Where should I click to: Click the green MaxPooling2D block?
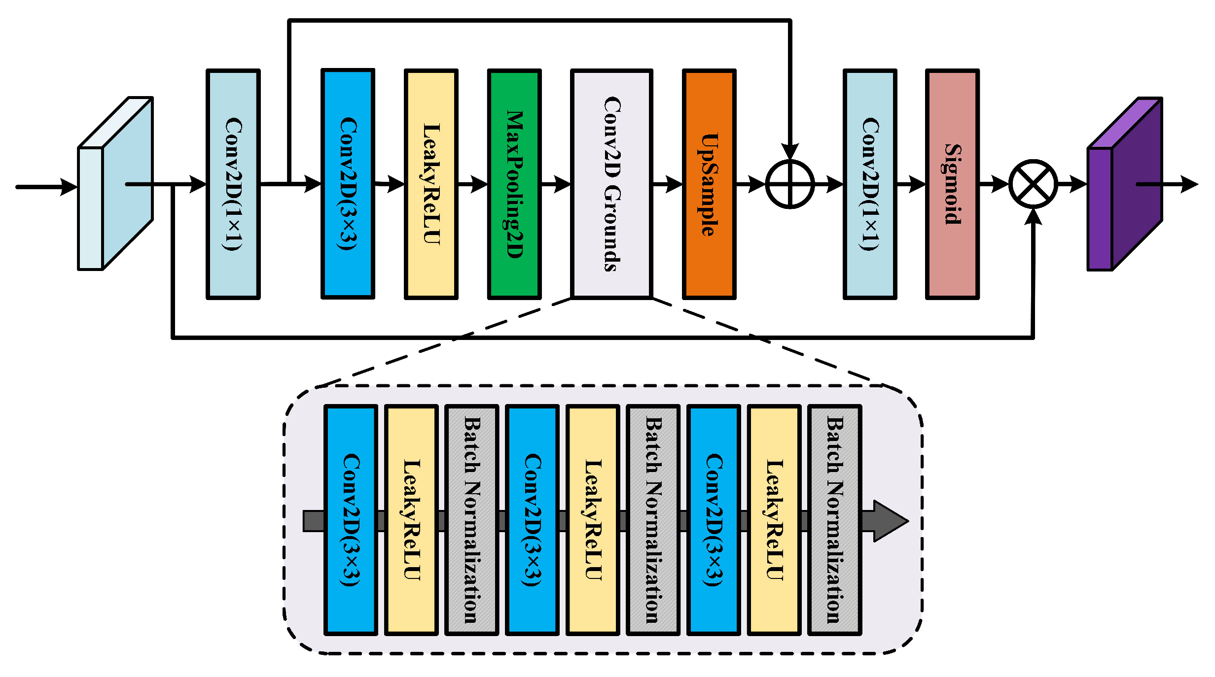tap(514, 184)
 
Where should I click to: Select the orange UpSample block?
tap(709, 184)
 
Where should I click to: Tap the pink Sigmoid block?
tap(952, 184)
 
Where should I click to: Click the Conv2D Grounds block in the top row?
tap(612, 184)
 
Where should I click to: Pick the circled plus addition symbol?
tap(789, 184)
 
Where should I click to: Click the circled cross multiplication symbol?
tap(1033, 184)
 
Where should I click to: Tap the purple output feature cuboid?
tap(1126, 183)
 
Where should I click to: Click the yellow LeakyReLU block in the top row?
tap(431, 184)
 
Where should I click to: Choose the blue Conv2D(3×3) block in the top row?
tap(348, 184)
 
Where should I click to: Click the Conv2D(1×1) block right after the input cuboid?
tap(233, 184)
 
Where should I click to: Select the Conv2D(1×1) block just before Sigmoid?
tap(870, 184)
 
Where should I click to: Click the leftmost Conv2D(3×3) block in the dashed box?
tap(351, 520)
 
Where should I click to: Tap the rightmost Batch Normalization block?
tap(835, 520)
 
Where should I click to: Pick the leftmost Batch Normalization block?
tap(472, 520)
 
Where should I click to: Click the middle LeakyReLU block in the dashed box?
tap(593, 520)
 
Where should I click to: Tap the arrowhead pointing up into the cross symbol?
tap(1033, 217)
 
